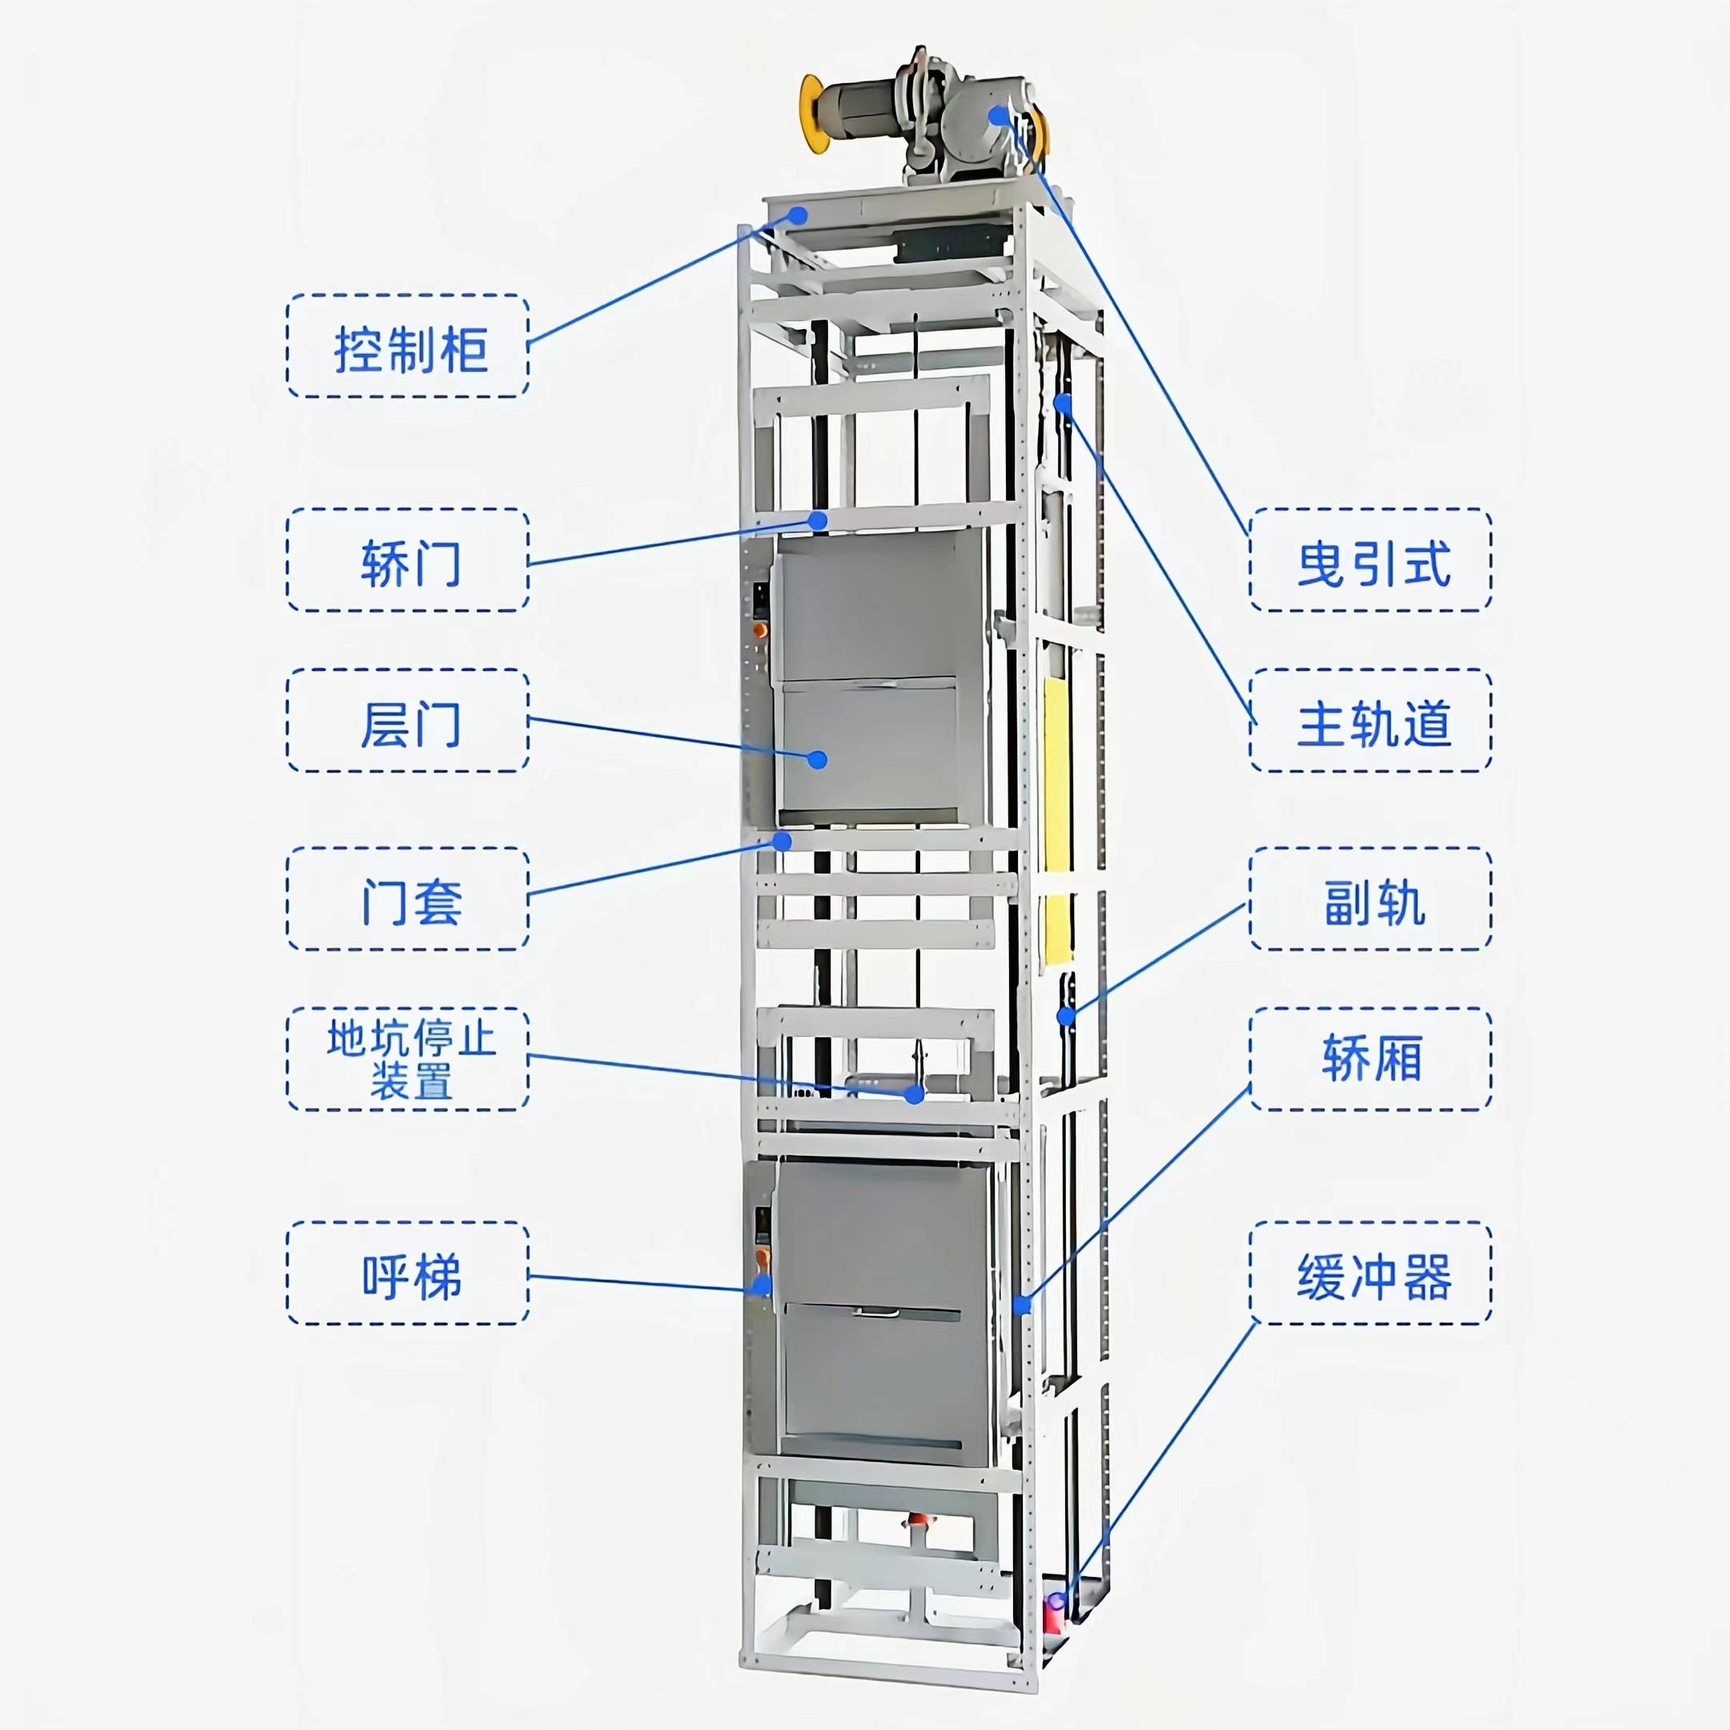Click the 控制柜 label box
(x=408, y=347)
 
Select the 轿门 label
(x=408, y=561)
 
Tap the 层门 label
(x=408, y=721)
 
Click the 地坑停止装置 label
(x=408, y=1060)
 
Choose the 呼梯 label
(x=408, y=1273)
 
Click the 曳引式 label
(x=1371, y=561)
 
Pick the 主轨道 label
(x=1371, y=721)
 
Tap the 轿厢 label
(x=1371, y=1060)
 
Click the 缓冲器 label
(x=1371, y=1273)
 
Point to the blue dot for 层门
(x=817, y=759)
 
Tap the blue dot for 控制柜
(x=797, y=214)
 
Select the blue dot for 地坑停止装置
(x=914, y=1093)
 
